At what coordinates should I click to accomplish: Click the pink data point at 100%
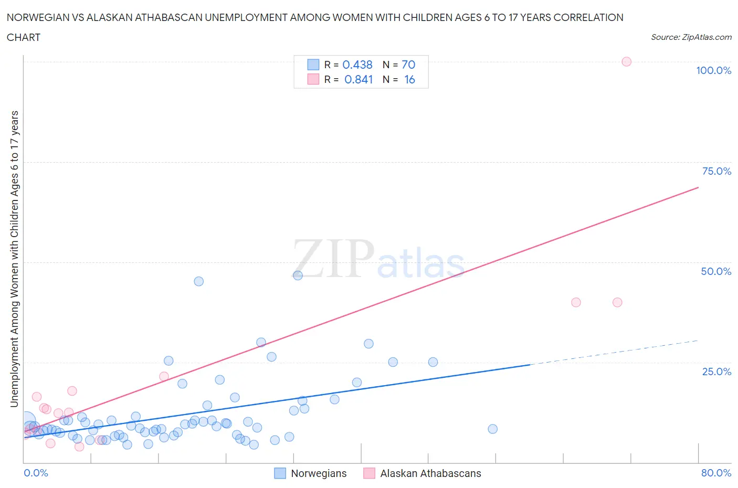pyautogui.click(x=626, y=61)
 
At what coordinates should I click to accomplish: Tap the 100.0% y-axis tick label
pyautogui.click(x=713, y=70)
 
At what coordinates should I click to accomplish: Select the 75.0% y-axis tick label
pyautogui.click(x=716, y=171)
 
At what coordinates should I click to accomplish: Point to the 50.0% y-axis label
pyautogui.click(x=716, y=271)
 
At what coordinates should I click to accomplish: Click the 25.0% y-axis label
pyautogui.click(x=716, y=372)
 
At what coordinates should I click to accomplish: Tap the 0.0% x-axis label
pyautogui.click(x=36, y=473)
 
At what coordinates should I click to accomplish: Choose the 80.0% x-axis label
pyautogui.click(x=716, y=473)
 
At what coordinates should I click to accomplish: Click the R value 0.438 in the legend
pyautogui.click(x=357, y=65)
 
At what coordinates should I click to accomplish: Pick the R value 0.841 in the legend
pyautogui.click(x=359, y=79)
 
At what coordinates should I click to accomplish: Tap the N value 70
pyautogui.click(x=408, y=65)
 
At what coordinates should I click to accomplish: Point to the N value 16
pyautogui.click(x=409, y=79)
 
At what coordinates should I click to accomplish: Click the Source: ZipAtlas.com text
pyautogui.click(x=691, y=37)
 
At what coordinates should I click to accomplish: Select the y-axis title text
pyautogui.click(x=14, y=259)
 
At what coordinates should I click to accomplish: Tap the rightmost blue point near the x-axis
pyautogui.click(x=492, y=429)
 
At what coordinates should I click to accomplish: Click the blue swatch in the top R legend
pyautogui.click(x=313, y=65)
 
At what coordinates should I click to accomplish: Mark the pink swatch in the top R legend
pyautogui.click(x=313, y=79)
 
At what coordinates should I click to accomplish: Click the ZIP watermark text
pyautogui.click(x=334, y=258)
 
